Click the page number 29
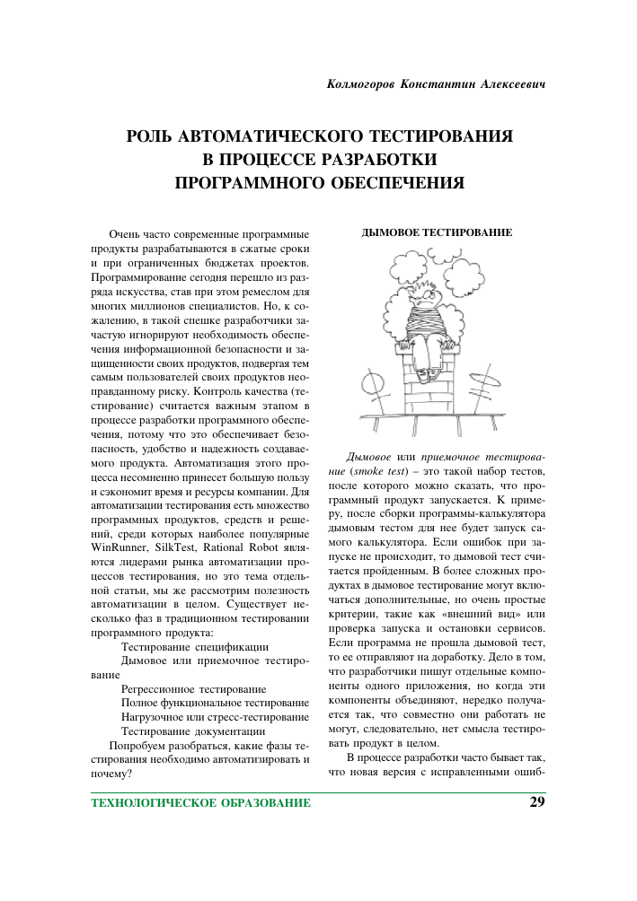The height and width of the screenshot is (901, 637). click(x=536, y=801)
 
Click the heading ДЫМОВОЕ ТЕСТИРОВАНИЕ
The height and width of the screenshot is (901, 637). click(x=437, y=233)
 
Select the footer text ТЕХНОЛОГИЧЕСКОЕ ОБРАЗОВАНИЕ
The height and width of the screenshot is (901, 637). click(x=201, y=802)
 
